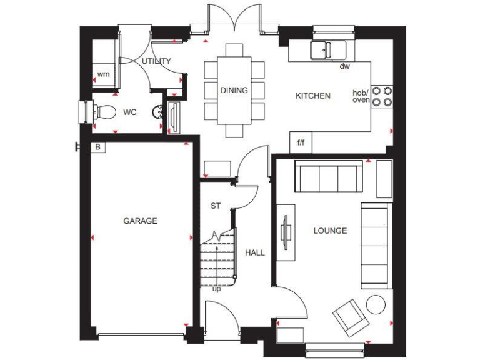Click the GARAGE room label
140,221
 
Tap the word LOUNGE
329,231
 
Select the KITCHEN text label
312,96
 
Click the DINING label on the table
234,90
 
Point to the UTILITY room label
156,61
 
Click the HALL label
254,252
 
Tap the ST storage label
216,206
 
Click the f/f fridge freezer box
301,143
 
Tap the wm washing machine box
103,74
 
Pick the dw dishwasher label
344,66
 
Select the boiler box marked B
97,147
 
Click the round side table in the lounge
376,304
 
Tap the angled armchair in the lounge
349,317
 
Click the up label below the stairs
216,289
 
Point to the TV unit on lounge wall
287,232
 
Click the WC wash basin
159,112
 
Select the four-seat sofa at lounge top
327,177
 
